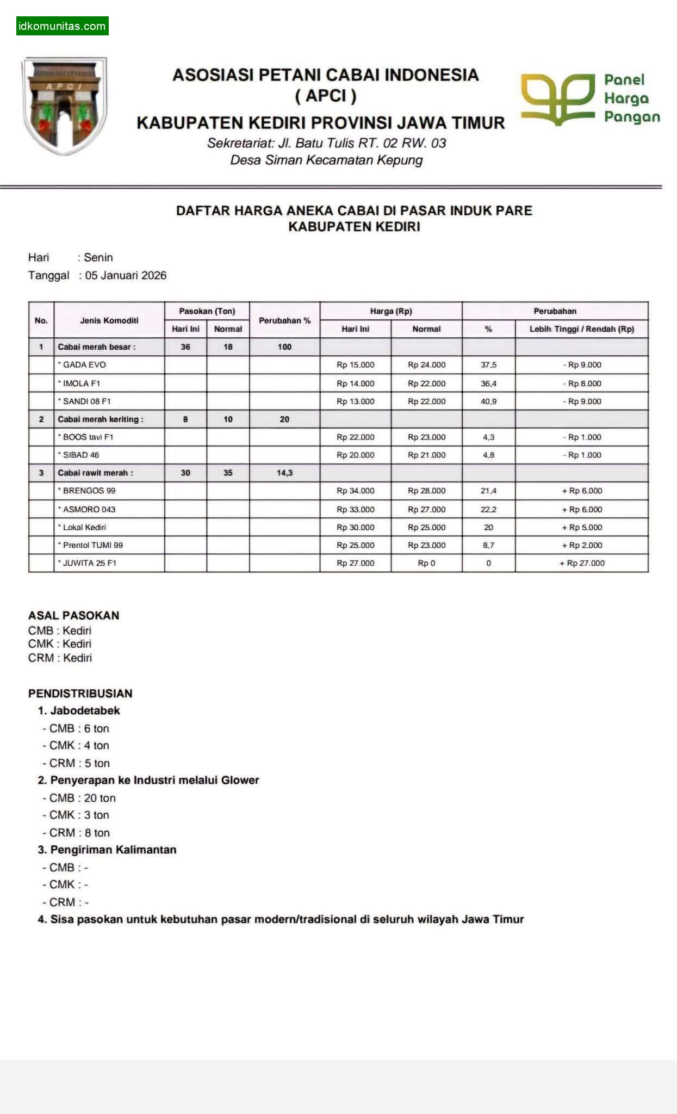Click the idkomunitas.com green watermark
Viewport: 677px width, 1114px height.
pos(62,26)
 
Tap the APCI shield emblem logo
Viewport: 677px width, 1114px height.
pos(64,106)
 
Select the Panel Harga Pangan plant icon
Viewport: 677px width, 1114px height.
pos(557,98)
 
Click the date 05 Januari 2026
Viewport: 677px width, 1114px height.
pos(126,275)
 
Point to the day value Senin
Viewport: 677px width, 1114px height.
pos(98,257)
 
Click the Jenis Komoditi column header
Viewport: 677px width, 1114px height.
pos(109,320)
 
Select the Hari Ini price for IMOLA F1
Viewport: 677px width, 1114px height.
pos(355,383)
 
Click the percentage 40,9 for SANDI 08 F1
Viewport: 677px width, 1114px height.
pos(488,401)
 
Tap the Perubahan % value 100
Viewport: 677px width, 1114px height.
pos(284,346)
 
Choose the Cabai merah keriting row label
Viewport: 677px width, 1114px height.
pos(101,419)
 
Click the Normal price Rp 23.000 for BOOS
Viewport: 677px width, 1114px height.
pos(426,437)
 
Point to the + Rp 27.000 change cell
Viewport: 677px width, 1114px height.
pos(582,563)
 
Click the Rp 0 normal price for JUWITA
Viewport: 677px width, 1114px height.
pos(426,563)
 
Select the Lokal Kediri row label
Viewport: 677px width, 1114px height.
pos(84,527)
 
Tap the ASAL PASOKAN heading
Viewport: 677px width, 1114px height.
pos(73,615)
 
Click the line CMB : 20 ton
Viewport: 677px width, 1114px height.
pos(82,798)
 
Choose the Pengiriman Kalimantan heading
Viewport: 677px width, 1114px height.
pos(113,850)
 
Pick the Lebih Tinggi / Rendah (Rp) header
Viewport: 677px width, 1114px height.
pos(581,329)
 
